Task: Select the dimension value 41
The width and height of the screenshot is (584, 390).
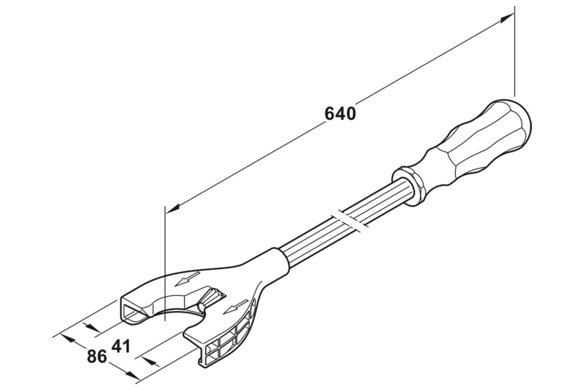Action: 120,346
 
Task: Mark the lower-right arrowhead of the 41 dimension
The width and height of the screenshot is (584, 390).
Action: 150,362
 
